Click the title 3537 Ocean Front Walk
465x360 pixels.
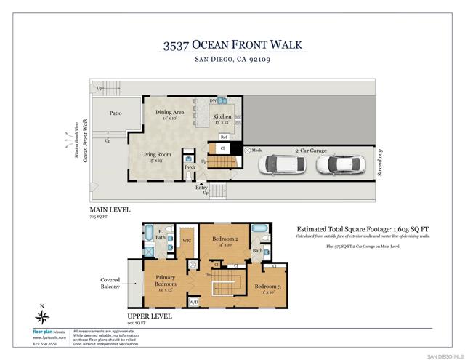(x=232, y=46)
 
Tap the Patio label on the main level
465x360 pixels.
(x=115, y=113)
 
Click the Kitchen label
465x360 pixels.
(x=222, y=117)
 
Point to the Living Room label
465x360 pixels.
(x=155, y=155)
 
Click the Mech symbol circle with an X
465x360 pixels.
(x=248, y=151)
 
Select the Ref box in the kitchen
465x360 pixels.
(x=224, y=136)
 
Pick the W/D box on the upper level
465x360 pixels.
(x=194, y=300)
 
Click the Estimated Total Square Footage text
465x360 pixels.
(x=363, y=227)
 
